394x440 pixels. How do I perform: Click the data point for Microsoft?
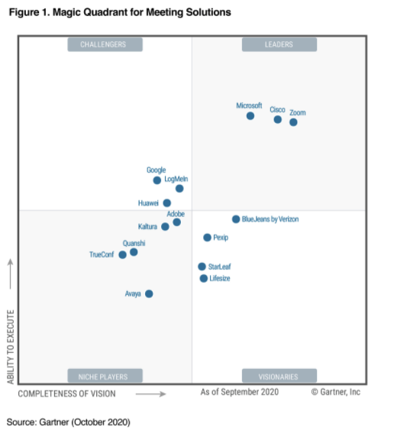250,116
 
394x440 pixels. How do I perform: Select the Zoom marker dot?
293,122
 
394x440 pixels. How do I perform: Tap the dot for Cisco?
277,119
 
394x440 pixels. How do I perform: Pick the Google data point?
157,180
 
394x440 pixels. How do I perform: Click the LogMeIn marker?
179,188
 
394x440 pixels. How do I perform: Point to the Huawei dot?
167,203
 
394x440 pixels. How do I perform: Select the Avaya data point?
149,293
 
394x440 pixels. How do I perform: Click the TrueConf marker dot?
122,254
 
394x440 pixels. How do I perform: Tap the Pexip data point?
207,238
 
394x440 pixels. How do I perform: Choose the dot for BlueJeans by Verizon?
236,219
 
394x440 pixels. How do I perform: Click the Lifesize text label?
220,279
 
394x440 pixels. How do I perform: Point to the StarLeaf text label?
219,267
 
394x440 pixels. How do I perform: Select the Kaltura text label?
147,227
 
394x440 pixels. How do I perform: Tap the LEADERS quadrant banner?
279,44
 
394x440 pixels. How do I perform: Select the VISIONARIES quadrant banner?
279,376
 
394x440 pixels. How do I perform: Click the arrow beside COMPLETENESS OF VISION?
151,394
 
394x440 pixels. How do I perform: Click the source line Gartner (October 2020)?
69,422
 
